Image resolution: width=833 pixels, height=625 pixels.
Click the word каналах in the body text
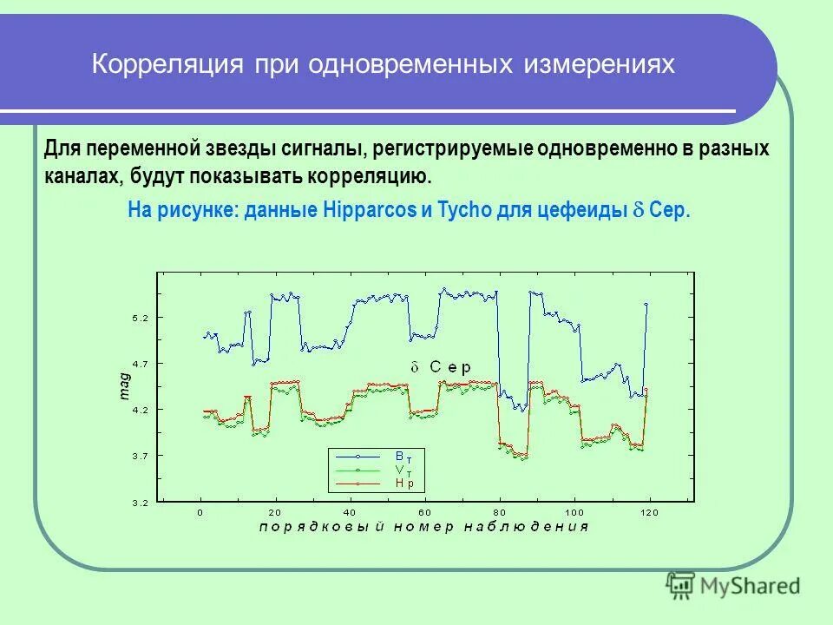(x=83, y=176)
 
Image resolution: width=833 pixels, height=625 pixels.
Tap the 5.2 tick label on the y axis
(x=141, y=319)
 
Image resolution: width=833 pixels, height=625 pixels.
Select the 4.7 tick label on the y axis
(x=141, y=364)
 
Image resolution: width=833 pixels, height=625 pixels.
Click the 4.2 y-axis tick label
(x=141, y=410)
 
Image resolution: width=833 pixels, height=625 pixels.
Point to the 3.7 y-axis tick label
(x=141, y=456)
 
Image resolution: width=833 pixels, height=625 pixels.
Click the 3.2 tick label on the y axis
(x=141, y=503)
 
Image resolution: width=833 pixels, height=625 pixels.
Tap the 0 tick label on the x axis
(x=200, y=512)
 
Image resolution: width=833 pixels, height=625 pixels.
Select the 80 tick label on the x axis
(x=499, y=512)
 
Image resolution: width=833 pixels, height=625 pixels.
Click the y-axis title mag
(x=124, y=386)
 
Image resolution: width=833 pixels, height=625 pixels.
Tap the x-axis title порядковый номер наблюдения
(x=424, y=526)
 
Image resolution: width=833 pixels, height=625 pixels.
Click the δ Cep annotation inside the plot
(x=442, y=367)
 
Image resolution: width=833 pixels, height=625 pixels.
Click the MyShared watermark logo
(x=733, y=585)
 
